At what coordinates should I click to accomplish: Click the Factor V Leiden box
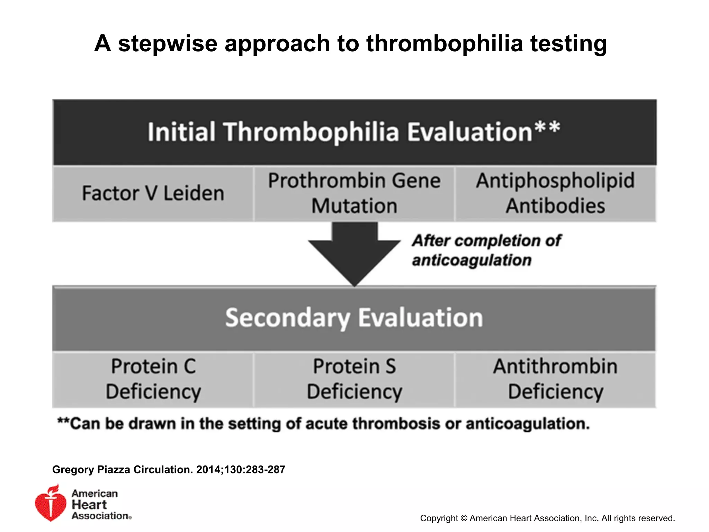[153, 193]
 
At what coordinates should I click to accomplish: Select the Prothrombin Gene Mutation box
[354, 193]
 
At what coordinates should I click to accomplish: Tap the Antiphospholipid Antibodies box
[555, 193]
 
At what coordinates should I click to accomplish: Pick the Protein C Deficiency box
[153, 379]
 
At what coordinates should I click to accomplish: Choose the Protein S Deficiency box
[354, 379]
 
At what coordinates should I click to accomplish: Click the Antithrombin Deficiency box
[555, 379]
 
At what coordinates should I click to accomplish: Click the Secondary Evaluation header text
[354, 318]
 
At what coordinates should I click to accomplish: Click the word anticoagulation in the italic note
[472, 260]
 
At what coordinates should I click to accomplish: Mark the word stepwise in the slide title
[168, 44]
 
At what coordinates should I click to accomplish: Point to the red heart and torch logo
[51, 503]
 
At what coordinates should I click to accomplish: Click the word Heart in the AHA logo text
[89, 505]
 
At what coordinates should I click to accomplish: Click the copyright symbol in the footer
[464, 518]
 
